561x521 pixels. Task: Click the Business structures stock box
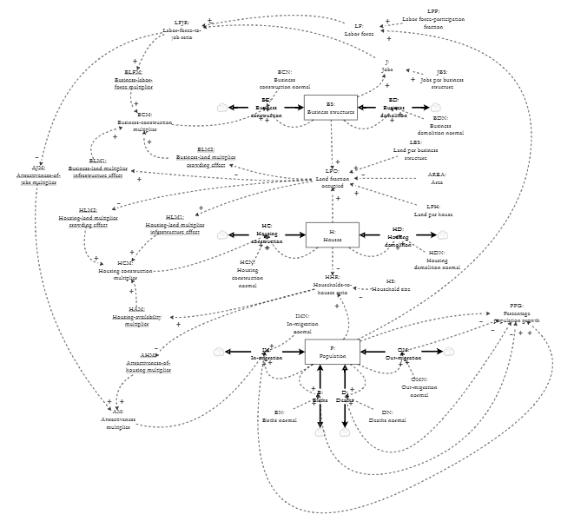click(x=331, y=108)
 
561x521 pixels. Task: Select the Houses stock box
click(x=332, y=235)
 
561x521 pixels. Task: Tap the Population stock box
click(x=332, y=352)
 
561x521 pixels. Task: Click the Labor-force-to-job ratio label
click(x=181, y=30)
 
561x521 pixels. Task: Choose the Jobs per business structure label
click(x=442, y=80)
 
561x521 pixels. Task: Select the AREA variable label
click(x=437, y=178)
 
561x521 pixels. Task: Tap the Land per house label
click(x=433, y=209)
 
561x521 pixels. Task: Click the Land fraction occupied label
click(x=333, y=178)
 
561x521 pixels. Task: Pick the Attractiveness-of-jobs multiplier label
click(x=38, y=175)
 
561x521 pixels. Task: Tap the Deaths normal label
click(x=387, y=416)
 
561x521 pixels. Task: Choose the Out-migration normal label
click(x=419, y=387)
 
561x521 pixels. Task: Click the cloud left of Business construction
click(x=222, y=108)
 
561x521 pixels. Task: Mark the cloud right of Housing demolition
click(x=443, y=234)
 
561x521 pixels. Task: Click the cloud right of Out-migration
click(x=448, y=352)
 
